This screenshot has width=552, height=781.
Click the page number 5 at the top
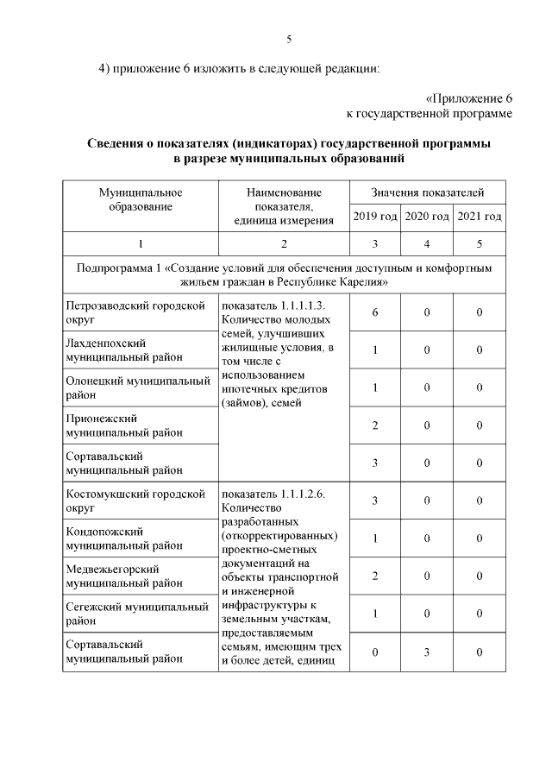click(x=289, y=39)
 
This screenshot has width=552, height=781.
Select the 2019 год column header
click(x=375, y=217)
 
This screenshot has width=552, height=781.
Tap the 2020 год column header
click(x=428, y=217)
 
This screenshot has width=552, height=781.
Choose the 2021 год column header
click(x=480, y=217)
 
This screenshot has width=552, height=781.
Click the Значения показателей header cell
click(x=427, y=192)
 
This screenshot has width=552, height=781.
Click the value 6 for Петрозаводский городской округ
click(x=375, y=312)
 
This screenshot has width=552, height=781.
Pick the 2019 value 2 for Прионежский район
click(x=375, y=425)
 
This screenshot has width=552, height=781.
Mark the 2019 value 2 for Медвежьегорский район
click(x=375, y=576)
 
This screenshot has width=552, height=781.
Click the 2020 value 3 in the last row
click(x=428, y=652)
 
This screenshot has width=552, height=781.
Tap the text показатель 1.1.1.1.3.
click(x=273, y=305)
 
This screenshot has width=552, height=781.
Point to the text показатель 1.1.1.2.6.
click(x=273, y=494)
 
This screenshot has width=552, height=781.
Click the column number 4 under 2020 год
click(x=428, y=243)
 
